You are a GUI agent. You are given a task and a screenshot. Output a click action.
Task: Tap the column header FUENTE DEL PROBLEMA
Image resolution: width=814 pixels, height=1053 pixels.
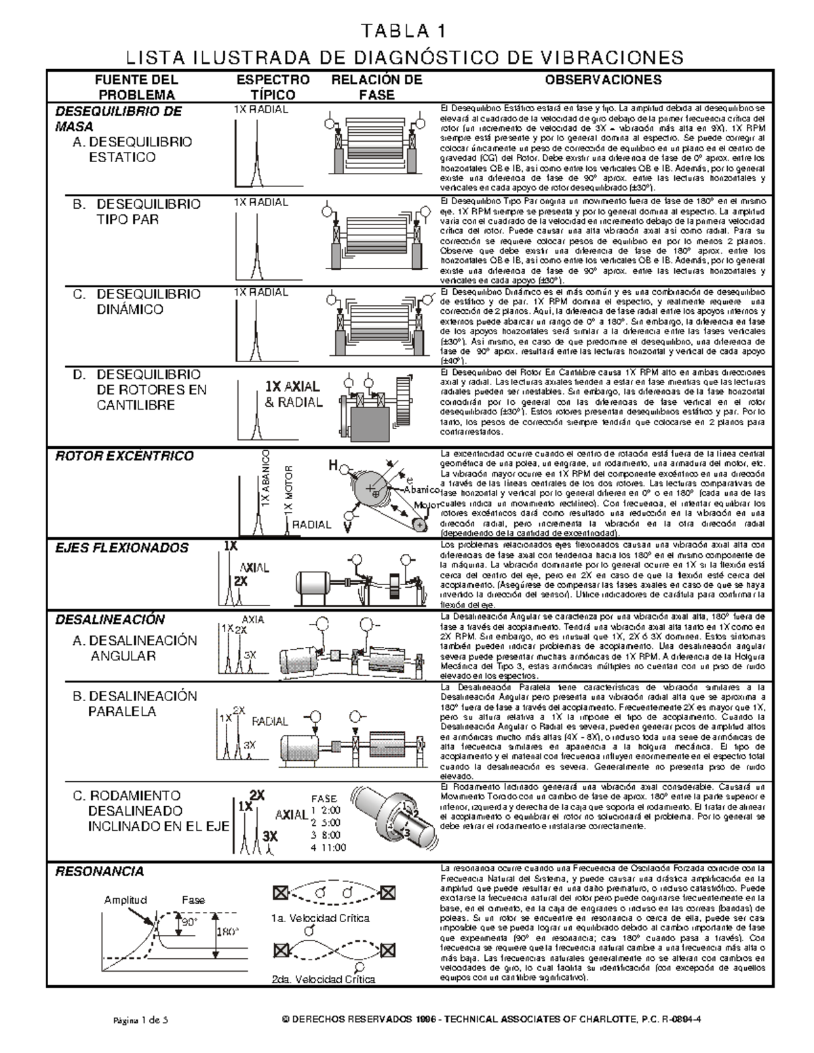point(136,87)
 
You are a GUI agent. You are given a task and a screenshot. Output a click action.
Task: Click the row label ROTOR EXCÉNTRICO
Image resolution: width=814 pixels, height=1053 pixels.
point(124,456)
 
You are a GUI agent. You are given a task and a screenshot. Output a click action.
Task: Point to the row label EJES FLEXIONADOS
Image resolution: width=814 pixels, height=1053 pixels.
point(121,548)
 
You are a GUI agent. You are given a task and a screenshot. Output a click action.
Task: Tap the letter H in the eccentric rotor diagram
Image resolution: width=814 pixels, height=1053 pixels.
point(333,465)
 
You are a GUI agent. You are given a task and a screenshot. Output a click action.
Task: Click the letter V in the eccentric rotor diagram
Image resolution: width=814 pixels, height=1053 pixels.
point(347,525)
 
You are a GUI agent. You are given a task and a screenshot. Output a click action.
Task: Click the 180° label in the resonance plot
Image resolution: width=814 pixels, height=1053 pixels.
point(227,932)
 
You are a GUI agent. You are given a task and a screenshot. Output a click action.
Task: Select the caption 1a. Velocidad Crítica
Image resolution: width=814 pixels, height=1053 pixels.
point(320,918)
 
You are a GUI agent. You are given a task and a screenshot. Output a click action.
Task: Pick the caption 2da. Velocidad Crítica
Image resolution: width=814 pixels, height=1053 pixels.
point(323,978)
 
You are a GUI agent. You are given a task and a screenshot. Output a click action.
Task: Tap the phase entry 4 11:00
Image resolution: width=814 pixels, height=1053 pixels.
point(328,848)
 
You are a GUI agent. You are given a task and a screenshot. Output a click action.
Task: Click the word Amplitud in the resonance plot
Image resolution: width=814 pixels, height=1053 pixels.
point(125,900)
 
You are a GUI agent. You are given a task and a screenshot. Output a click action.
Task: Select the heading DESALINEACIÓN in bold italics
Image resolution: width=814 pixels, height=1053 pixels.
point(110,620)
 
